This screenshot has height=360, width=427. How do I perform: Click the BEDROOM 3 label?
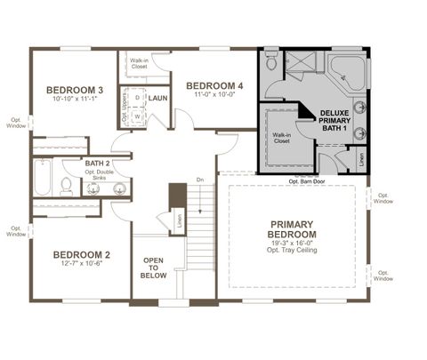(x=76, y=90)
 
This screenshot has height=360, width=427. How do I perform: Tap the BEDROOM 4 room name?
(x=214, y=86)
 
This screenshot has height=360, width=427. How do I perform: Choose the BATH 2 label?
(x=97, y=164)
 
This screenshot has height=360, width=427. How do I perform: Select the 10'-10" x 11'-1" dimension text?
(x=76, y=100)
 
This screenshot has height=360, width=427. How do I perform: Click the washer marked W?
(x=136, y=116)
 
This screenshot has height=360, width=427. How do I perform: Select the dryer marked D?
(x=136, y=97)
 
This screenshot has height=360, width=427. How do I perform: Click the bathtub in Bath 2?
(x=43, y=180)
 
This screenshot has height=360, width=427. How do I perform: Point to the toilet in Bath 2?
(x=66, y=187)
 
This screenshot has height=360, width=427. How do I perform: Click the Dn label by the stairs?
(x=200, y=180)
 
